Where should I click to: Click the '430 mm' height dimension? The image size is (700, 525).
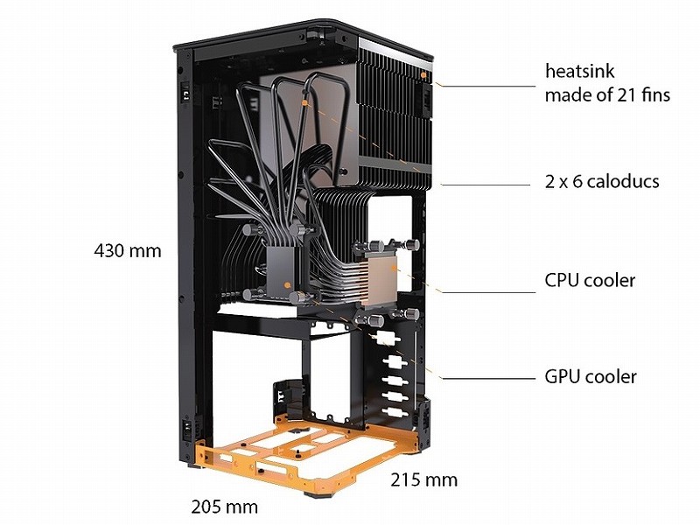(x=128, y=251)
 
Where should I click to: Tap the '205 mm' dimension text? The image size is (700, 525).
(x=225, y=507)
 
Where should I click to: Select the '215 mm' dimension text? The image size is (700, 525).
(x=424, y=479)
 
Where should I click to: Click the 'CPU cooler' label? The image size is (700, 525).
(x=590, y=280)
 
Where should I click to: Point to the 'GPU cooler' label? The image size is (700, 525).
(x=590, y=377)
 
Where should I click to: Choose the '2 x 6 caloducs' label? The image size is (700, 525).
(x=602, y=182)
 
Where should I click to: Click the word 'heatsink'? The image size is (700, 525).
(x=580, y=72)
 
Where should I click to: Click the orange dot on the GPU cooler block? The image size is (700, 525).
(x=287, y=285)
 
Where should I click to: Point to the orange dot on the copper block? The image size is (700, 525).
(x=393, y=269)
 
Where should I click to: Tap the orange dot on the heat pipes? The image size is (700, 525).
(x=304, y=103)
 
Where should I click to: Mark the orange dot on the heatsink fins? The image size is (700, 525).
(x=423, y=75)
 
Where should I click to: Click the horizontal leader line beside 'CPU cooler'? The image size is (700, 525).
(x=488, y=293)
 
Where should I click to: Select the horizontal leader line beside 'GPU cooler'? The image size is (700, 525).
(x=488, y=379)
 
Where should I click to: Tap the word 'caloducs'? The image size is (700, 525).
(x=623, y=182)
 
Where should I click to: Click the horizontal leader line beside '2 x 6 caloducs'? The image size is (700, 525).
(x=486, y=185)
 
